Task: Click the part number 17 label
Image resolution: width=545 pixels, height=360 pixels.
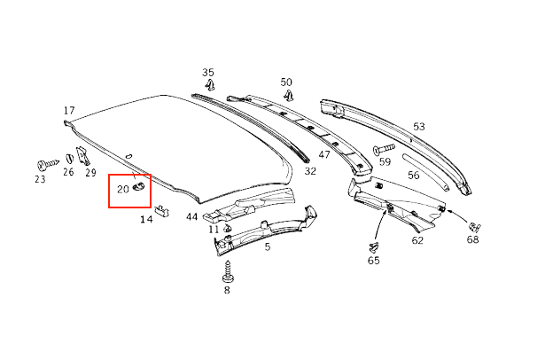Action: coord(69,111)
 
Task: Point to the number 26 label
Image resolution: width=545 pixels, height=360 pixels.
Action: coord(67,173)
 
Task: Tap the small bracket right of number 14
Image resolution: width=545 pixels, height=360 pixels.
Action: coord(163,210)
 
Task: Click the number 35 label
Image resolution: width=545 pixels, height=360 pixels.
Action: coord(208,72)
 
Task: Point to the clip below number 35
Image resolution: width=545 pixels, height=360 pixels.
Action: coord(211,86)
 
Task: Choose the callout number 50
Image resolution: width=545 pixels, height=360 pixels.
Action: coord(286,82)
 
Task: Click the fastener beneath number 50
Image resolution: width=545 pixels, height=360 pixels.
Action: coord(288,95)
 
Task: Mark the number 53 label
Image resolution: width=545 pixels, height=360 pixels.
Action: coord(418,126)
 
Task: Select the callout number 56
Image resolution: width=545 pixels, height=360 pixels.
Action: coord(414,176)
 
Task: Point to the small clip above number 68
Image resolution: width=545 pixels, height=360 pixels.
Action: coord(475,226)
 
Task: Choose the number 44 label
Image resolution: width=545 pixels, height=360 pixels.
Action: coord(191,217)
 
